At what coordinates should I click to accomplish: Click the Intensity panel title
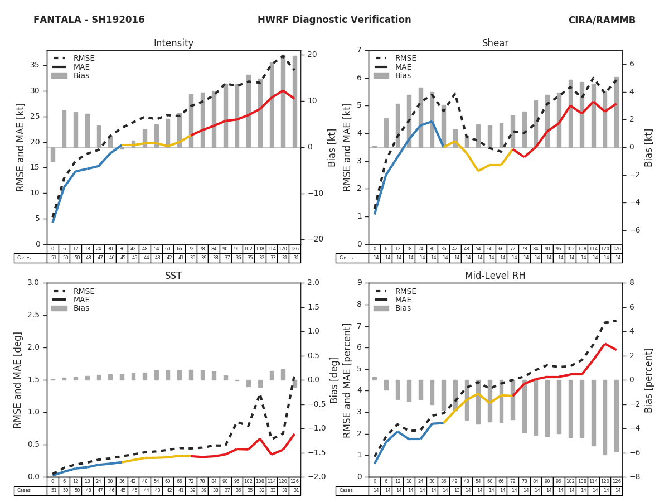click(x=173, y=44)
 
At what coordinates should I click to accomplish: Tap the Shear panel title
click(x=495, y=44)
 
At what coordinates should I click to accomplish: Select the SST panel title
click(x=173, y=276)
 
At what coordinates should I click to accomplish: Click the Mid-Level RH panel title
click(x=495, y=276)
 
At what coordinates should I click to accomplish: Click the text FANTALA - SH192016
click(x=89, y=20)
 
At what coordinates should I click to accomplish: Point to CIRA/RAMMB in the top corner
click(x=602, y=20)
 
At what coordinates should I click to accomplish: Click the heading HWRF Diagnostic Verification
click(x=334, y=20)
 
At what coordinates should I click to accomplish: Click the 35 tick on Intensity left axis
click(x=35, y=65)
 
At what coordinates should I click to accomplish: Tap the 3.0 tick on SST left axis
click(x=33, y=283)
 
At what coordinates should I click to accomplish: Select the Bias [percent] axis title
click(x=648, y=380)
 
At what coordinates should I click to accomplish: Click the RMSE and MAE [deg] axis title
click(x=18, y=380)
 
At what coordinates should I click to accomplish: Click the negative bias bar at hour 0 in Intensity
click(x=53, y=155)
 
